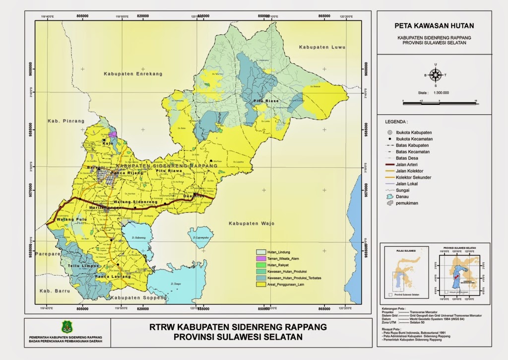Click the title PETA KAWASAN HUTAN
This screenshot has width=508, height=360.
[x=434, y=26]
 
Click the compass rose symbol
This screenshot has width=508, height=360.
[x=436, y=75]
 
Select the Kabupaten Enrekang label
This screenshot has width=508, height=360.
[x=133, y=73]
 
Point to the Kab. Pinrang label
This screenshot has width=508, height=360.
[x=60, y=121]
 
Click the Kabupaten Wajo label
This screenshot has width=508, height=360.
[x=251, y=223]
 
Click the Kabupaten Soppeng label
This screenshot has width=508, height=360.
[x=132, y=297]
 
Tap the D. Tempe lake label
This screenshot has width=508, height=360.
[x=175, y=284]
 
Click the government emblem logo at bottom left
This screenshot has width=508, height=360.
[x=66, y=327]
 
